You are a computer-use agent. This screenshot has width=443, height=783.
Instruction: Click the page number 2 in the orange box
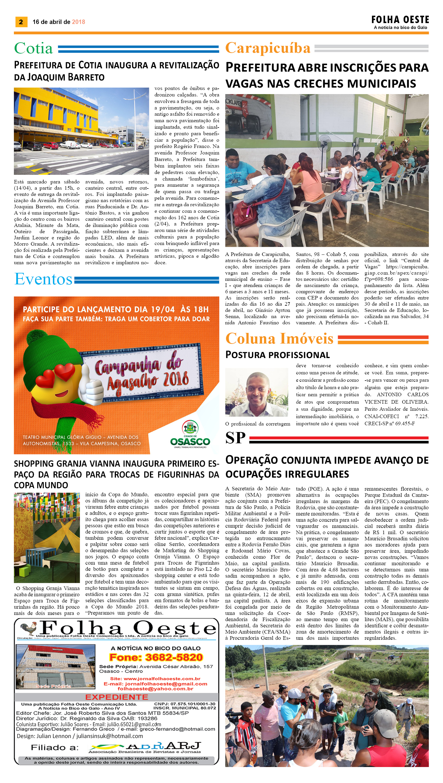click(21, 22)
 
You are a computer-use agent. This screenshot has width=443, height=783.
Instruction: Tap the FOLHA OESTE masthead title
click(400, 20)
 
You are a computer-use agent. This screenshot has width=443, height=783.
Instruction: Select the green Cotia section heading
click(33, 48)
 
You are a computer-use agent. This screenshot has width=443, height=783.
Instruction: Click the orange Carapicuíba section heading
click(268, 48)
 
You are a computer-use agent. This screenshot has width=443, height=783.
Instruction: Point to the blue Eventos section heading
click(43, 279)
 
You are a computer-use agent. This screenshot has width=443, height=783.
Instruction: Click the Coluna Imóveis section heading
click(279, 339)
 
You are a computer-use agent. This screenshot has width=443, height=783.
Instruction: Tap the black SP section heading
click(235, 438)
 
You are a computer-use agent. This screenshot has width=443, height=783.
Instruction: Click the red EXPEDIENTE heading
click(117, 697)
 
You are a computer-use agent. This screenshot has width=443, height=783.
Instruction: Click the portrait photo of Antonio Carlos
click(257, 392)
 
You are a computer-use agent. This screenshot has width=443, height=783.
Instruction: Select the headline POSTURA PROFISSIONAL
click(277, 355)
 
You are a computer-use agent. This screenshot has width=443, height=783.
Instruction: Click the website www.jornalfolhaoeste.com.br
click(155, 679)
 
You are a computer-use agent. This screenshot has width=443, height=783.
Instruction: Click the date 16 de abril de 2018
click(59, 22)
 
